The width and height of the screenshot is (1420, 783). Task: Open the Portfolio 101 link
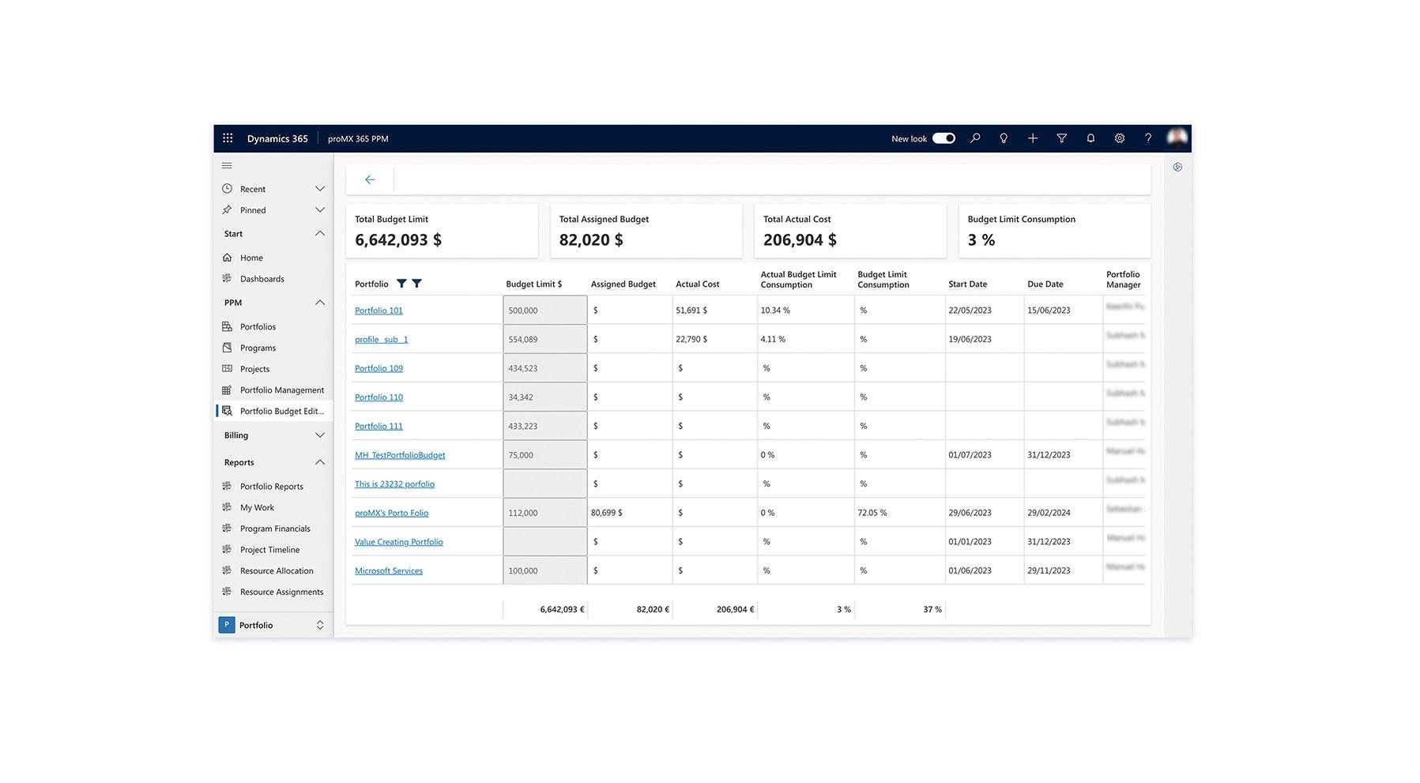coord(379,311)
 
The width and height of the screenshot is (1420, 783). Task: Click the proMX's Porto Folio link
coord(391,513)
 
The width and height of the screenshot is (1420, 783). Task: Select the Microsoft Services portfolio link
coord(388,570)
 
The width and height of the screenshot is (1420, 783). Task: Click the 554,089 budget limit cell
coord(544,340)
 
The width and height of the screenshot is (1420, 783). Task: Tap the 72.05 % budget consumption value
coord(872,513)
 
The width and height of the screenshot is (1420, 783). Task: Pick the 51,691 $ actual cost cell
coord(691,311)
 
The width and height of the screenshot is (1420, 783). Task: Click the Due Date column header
coord(1045,284)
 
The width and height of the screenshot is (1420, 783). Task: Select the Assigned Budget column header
coord(623,284)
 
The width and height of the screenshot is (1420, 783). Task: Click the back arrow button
coord(370,180)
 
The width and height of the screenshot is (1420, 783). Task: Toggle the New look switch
coord(944,138)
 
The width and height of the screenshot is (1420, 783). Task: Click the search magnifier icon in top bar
coord(975,138)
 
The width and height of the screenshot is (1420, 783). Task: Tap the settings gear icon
coord(1119,138)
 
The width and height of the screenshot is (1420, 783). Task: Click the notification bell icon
coord(1090,138)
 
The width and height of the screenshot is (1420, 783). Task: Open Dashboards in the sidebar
coord(262,279)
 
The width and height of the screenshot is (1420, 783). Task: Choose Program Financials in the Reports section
coord(275,529)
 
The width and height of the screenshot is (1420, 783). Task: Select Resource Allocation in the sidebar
coord(277,570)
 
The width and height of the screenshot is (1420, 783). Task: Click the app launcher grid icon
coord(228,138)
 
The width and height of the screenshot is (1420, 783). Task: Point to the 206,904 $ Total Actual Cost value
coord(800,240)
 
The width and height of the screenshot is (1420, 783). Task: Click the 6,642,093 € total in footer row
coord(562,609)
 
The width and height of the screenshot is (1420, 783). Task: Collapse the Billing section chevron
coord(320,435)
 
